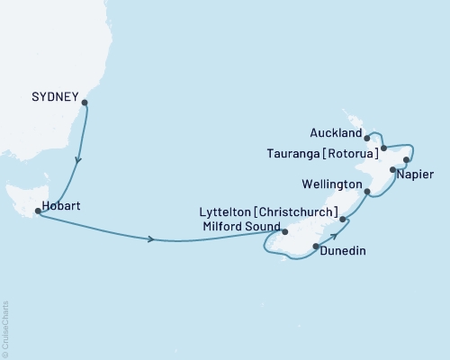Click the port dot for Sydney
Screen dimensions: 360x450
[x=85, y=103]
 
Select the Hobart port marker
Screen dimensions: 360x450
[x=37, y=211]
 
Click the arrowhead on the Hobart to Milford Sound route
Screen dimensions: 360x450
[x=151, y=239]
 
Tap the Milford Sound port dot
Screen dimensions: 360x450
[x=283, y=240]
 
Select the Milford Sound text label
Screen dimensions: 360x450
[x=237, y=226]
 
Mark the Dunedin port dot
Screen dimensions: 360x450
[x=316, y=246]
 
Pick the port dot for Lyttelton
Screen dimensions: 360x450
[x=343, y=217]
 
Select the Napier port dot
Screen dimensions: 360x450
[x=392, y=169]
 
